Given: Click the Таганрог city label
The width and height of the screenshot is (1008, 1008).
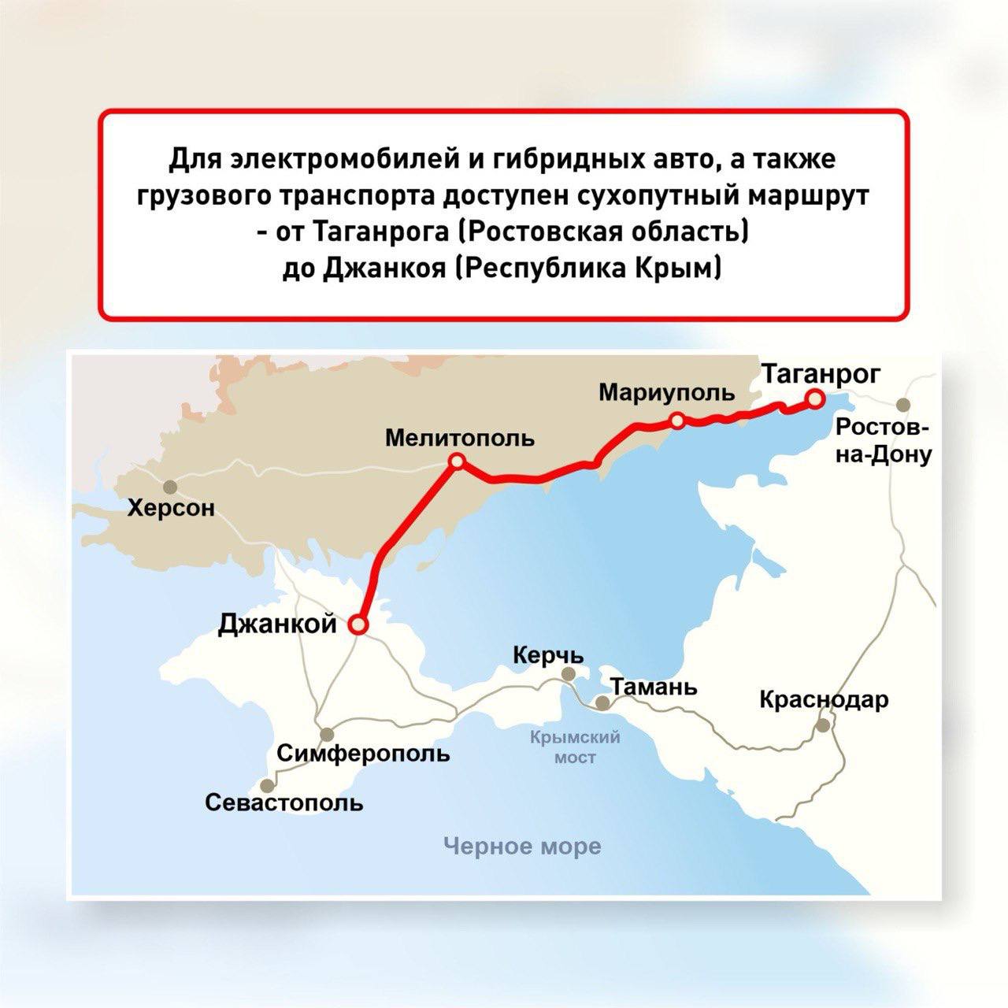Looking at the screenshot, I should tap(821, 374).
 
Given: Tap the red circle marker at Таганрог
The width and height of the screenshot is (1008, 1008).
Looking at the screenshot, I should tap(815, 401).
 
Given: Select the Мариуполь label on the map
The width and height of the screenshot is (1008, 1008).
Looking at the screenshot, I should tap(666, 392).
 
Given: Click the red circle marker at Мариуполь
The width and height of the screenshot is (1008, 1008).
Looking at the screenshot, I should tap(677, 422).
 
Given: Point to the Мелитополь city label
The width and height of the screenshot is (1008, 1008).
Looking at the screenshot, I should tap(459, 438).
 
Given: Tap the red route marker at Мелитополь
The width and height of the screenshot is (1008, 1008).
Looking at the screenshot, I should tap(456, 462).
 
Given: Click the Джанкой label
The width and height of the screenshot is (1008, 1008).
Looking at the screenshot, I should tap(277, 624).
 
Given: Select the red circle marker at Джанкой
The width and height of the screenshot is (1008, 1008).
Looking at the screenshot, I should tap(358, 625).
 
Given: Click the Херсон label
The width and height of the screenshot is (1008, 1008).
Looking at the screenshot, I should tap(171, 509).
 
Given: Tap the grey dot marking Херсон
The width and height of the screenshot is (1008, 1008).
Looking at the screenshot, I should tap(169, 486).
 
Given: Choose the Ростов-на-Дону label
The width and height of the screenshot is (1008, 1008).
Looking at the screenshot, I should tap(883, 441).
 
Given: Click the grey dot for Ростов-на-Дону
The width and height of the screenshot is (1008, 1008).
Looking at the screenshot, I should tap(903, 405).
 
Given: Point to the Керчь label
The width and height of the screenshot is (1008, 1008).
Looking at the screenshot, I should tap(548, 655).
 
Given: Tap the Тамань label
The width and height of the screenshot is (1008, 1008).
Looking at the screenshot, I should tap(654, 687).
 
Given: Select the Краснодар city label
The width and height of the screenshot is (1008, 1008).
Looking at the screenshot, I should tap(824, 699).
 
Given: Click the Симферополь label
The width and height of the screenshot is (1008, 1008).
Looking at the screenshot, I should tap(364, 754).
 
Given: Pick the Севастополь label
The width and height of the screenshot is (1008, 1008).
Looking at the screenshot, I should tap(284, 803).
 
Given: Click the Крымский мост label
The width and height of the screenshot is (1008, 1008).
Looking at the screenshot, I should tap(576, 747).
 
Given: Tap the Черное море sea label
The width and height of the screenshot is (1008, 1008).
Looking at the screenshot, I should tap(522, 847).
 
